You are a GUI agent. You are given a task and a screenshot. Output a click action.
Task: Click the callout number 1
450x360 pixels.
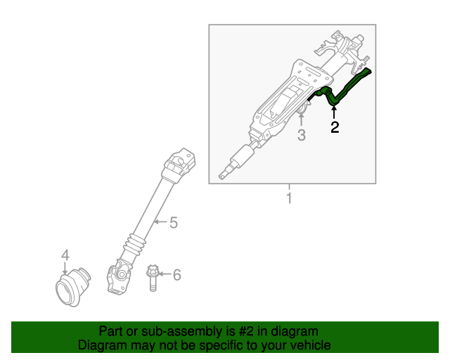point(288,199)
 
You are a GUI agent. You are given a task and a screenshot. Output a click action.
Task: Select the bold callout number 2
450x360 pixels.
point(335,127)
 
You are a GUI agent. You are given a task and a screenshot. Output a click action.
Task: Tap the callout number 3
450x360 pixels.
point(301,135)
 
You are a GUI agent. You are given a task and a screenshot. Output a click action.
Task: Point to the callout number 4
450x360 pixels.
point(65,255)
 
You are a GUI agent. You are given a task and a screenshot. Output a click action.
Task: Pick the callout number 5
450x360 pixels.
point(173,224)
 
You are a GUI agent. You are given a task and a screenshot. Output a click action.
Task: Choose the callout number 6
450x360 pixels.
point(176,274)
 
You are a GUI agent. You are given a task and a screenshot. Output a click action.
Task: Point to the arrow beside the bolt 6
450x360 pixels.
point(165,274)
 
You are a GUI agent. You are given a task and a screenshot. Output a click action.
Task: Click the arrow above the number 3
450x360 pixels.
point(301,117)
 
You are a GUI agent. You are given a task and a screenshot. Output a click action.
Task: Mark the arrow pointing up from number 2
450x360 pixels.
point(335,112)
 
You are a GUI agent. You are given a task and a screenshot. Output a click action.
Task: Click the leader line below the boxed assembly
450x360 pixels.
point(288,188)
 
